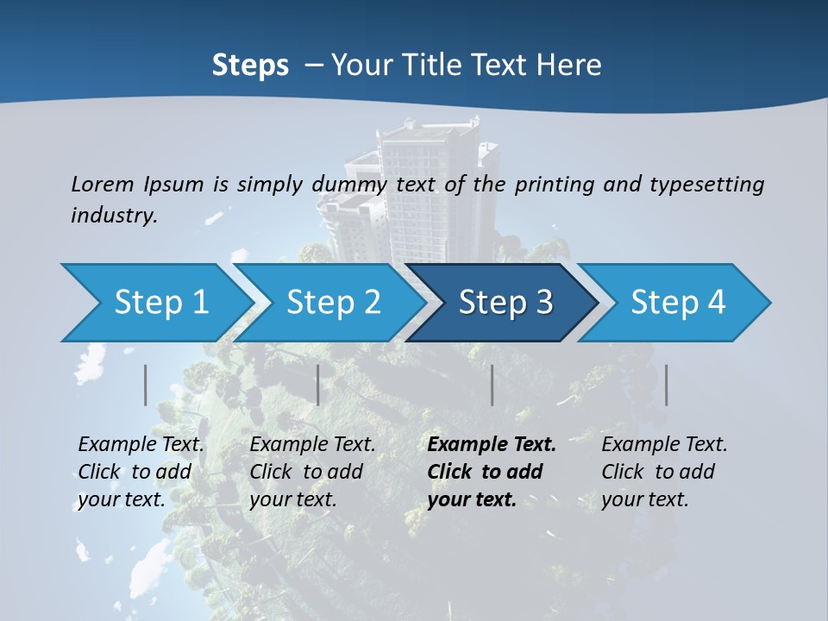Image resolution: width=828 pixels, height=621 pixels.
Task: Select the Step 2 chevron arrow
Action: (x=332, y=303)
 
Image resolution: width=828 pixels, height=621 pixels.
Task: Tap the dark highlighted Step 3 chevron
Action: (x=505, y=303)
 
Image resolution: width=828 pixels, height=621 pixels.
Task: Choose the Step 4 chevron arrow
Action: (x=677, y=303)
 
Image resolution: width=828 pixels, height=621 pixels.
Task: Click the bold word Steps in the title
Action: (x=250, y=65)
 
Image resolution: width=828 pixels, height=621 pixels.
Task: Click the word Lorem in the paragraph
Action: (x=103, y=184)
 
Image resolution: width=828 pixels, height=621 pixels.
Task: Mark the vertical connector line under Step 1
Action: (x=146, y=385)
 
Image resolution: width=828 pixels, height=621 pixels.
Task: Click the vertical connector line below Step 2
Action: (x=318, y=385)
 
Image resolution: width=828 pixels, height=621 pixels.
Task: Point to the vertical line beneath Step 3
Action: (x=492, y=385)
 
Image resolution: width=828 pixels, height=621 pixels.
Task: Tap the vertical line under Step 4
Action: (x=666, y=385)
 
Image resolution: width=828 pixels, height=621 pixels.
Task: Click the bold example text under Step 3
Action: (x=490, y=472)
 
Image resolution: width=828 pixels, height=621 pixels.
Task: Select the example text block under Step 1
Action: (x=141, y=472)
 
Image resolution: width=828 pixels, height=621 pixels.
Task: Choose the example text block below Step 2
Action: (x=312, y=472)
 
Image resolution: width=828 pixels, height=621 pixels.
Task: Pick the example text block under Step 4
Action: (x=663, y=472)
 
